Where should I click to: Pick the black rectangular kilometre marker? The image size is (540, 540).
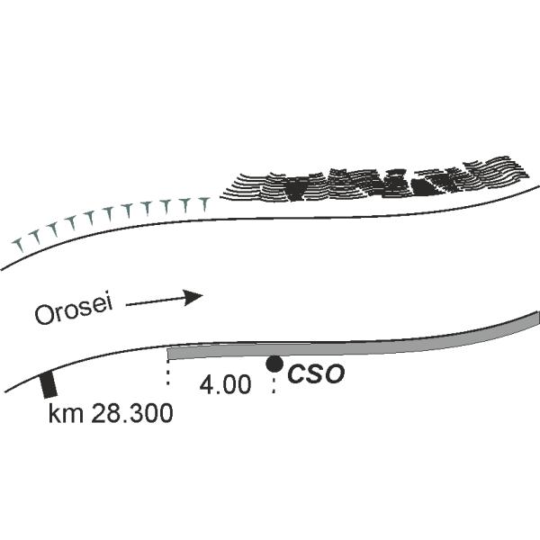click(x=49, y=384)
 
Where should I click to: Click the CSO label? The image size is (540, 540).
click(x=315, y=375)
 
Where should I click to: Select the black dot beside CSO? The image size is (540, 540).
click(x=274, y=364)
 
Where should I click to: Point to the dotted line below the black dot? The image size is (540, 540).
click(x=274, y=383)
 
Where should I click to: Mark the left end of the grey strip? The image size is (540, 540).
click(x=171, y=353)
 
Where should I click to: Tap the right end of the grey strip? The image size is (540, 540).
click(x=536, y=319)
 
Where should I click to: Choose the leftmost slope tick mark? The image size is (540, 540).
click(x=18, y=244)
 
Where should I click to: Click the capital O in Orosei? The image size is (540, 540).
click(x=42, y=316)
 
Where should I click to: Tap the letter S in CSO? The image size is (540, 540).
click(x=315, y=375)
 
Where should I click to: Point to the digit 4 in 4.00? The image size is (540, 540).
click(x=206, y=385)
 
